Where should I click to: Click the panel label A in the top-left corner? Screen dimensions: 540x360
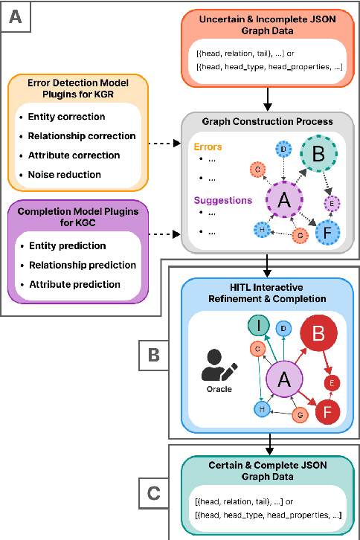[16, 16]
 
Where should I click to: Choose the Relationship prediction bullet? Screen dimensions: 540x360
[81, 265]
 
